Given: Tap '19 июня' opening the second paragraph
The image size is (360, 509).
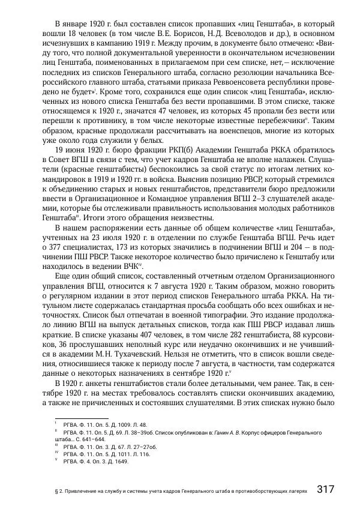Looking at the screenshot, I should point(71,152).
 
